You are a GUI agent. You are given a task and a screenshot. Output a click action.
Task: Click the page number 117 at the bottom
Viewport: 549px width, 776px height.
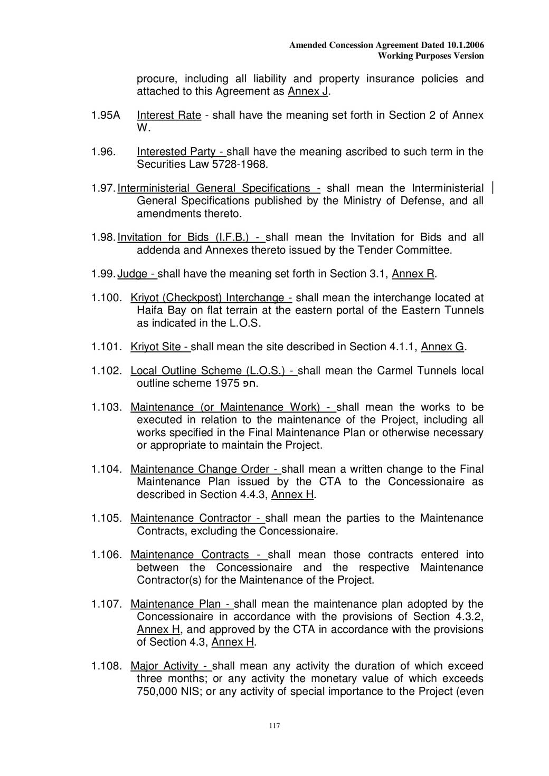point(274,726)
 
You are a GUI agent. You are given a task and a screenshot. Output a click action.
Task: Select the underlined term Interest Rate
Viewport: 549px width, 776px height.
point(169,115)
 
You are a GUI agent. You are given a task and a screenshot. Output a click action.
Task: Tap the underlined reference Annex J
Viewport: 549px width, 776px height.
point(308,91)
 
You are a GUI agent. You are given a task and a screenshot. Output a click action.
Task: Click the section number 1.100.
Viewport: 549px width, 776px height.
point(107,298)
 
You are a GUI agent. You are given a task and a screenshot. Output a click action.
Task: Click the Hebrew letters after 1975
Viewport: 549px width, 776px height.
point(249,384)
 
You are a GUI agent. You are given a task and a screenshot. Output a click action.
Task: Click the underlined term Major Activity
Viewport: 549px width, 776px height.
point(164,666)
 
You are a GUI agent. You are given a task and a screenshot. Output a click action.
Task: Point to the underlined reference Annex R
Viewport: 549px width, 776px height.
point(413,273)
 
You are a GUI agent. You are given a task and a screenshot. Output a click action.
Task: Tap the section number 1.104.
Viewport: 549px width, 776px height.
point(107,469)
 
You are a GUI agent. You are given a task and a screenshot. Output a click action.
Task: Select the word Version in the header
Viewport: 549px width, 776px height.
point(469,56)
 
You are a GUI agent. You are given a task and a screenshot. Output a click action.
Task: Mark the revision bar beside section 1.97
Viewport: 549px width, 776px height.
point(492,188)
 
